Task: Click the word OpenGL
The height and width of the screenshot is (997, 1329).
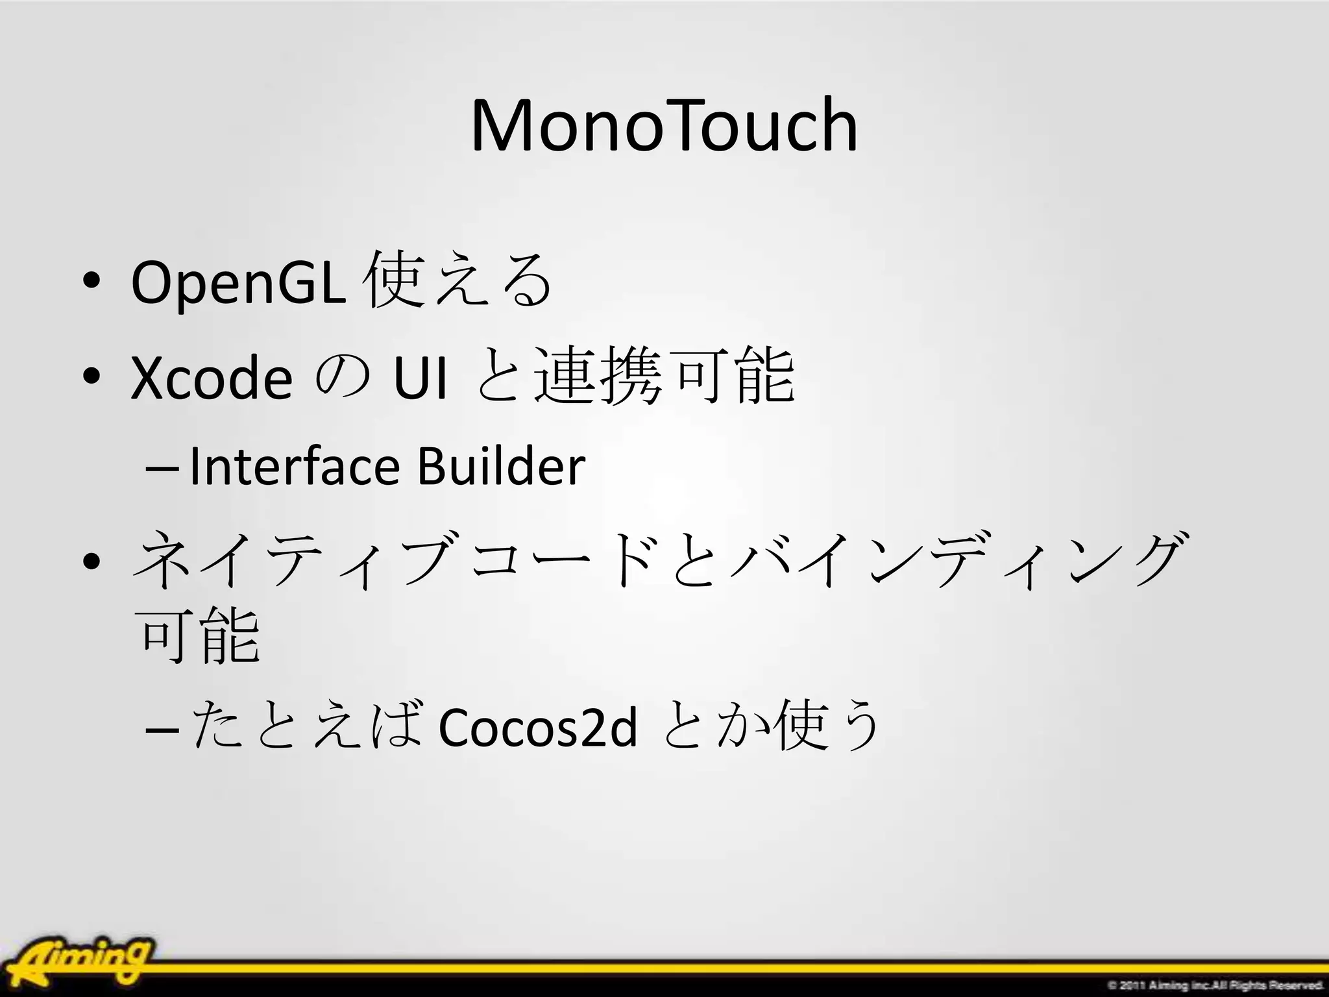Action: tap(238, 282)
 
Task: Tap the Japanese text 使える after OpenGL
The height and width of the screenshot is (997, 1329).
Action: tap(459, 280)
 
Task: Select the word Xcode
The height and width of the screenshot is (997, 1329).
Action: tap(212, 378)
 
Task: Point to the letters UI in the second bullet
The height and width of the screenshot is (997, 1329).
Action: tap(421, 378)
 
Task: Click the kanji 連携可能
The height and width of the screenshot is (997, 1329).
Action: tap(664, 376)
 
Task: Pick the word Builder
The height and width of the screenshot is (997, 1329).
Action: tap(501, 467)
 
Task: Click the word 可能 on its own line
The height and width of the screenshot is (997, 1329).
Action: tap(200, 636)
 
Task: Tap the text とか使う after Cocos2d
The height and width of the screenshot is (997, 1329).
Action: tap(772, 726)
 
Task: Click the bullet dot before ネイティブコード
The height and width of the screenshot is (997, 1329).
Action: tap(91, 560)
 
